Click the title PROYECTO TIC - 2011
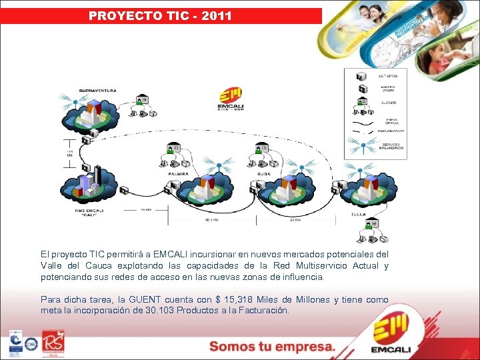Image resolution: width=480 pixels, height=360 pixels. point(161,15)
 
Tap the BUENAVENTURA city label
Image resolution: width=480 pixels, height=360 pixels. point(98,89)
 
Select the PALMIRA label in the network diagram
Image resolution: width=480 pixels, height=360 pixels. point(178,174)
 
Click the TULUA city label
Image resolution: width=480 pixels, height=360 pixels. point(358,215)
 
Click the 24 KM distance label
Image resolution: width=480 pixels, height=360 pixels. point(297,219)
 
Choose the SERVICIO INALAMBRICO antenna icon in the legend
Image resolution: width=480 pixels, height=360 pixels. point(362,145)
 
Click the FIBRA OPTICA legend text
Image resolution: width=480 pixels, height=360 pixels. point(392,121)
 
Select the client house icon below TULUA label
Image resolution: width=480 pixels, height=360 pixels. point(371,225)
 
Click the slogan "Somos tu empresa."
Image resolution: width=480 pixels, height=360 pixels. point(271,346)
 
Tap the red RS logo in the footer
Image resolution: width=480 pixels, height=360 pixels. point(53,342)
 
